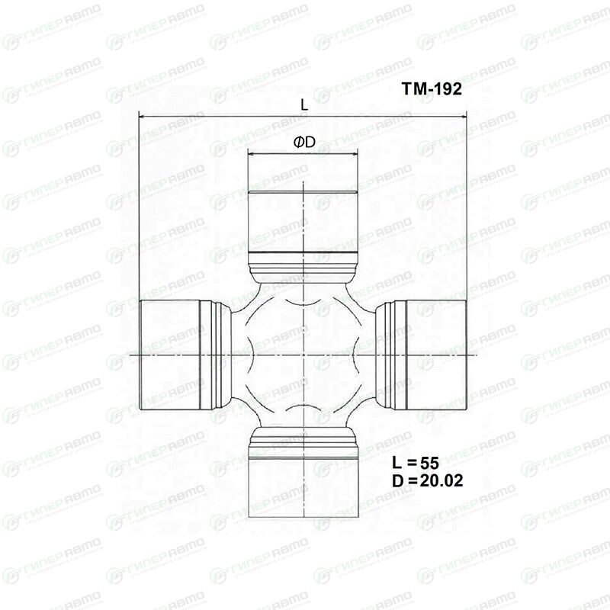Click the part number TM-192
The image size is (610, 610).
pos(432,88)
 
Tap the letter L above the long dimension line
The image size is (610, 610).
pos(304,104)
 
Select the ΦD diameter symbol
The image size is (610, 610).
pos(304,143)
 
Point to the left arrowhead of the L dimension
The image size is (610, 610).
pos(143,116)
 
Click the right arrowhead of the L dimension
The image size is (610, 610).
pos(462,116)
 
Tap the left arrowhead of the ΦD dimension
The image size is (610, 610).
pos(252,155)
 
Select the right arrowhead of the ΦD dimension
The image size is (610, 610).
pos(353,155)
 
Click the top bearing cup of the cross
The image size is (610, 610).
pos(303,222)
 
